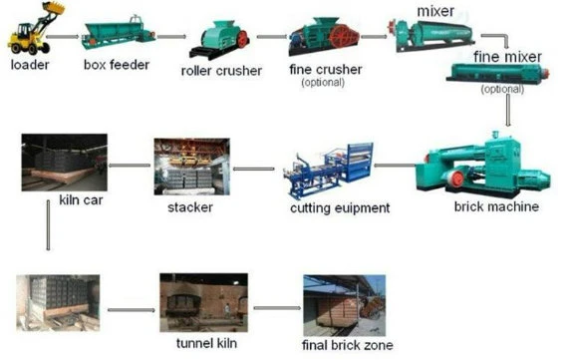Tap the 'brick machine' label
[495, 206]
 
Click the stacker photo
[191, 166]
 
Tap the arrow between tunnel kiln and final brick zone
[269, 310]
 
